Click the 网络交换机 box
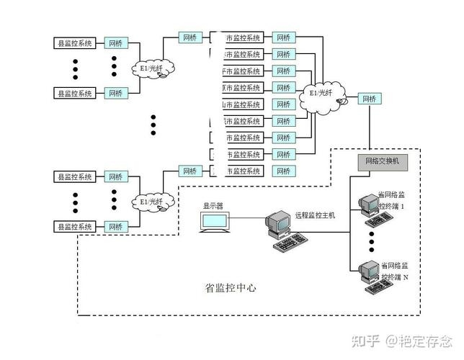382,162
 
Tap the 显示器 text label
213,205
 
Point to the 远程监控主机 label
315,215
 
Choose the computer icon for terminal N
366,274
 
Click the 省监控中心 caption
231,288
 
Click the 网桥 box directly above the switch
369,99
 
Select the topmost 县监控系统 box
75,43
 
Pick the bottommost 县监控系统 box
75,227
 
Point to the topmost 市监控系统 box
241,37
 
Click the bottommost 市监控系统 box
241,171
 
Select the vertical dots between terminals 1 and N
371,239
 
